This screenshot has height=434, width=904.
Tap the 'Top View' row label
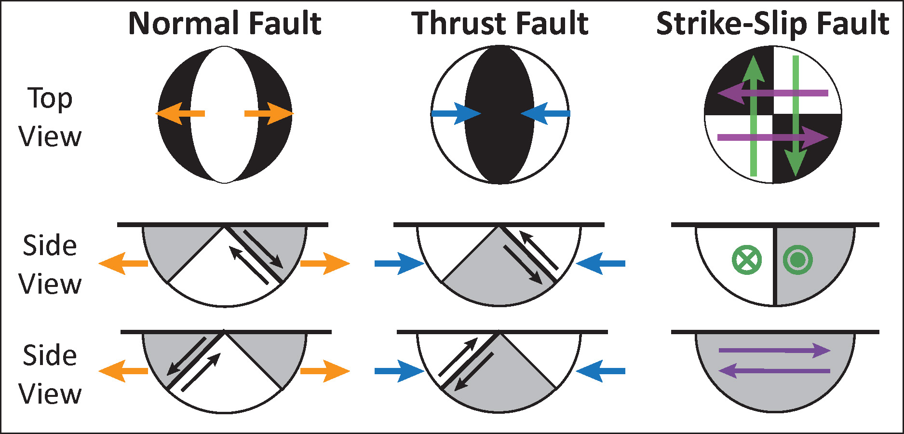pyautogui.click(x=50, y=118)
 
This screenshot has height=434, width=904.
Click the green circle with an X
pyautogui.click(x=747, y=260)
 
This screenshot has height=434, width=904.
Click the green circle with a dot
pyautogui.click(x=798, y=260)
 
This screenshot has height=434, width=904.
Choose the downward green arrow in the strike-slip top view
pyautogui.click(x=796, y=116)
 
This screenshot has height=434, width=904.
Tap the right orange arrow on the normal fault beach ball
pyautogui.click(x=269, y=114)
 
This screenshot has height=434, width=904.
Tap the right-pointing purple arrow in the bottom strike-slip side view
pyautogui.click(x=774, y=351)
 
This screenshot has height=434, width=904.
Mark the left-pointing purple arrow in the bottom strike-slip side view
pyautogui.click(x=774, y=371)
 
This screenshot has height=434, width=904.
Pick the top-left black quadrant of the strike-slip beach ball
pyautogui.click(x=728, y=77)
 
